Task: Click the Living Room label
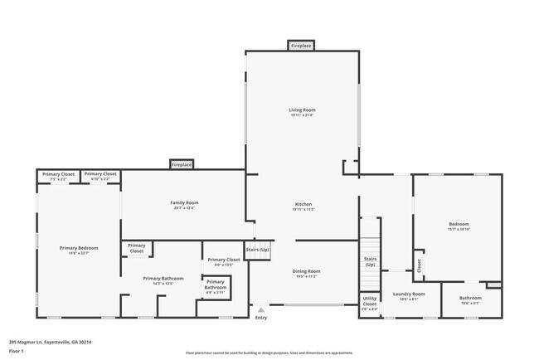(302, 110)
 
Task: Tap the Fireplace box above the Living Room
(301, 46)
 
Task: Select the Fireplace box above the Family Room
(182, 165)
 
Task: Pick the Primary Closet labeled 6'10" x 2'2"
(100, 175)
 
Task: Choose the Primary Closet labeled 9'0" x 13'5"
(223, 261)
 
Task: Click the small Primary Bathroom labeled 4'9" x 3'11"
(216, 286)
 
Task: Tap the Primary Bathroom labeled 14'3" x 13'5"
(163, 280)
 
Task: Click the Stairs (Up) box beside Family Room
(257, 250)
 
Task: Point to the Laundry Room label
(409, 295)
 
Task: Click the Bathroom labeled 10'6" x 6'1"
(470, 299)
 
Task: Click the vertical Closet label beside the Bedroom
(419, 265)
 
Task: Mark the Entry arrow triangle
(261, 309)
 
